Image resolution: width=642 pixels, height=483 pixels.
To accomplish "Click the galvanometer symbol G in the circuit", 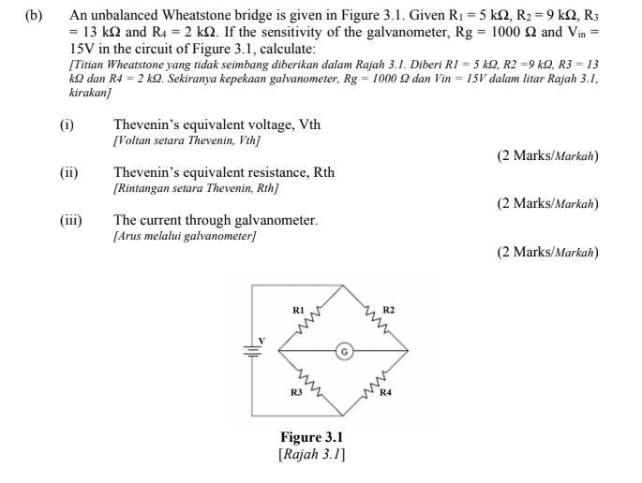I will coord(343,353).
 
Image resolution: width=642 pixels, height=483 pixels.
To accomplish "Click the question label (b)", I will coord(37,17).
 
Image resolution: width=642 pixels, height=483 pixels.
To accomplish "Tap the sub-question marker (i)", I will coord(67,124).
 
